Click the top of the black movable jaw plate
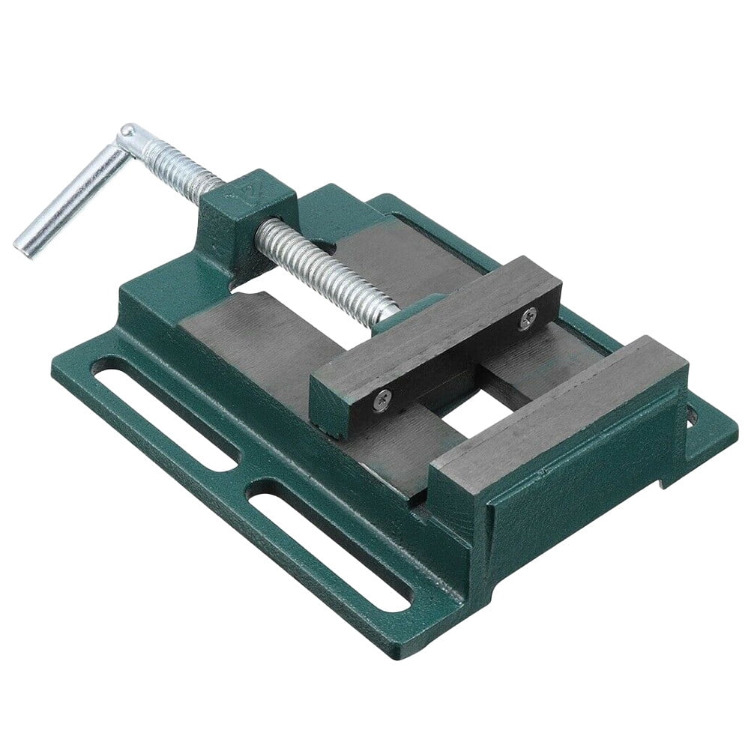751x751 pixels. [x=435, y=315]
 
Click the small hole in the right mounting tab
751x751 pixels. [x=691, y=413]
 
